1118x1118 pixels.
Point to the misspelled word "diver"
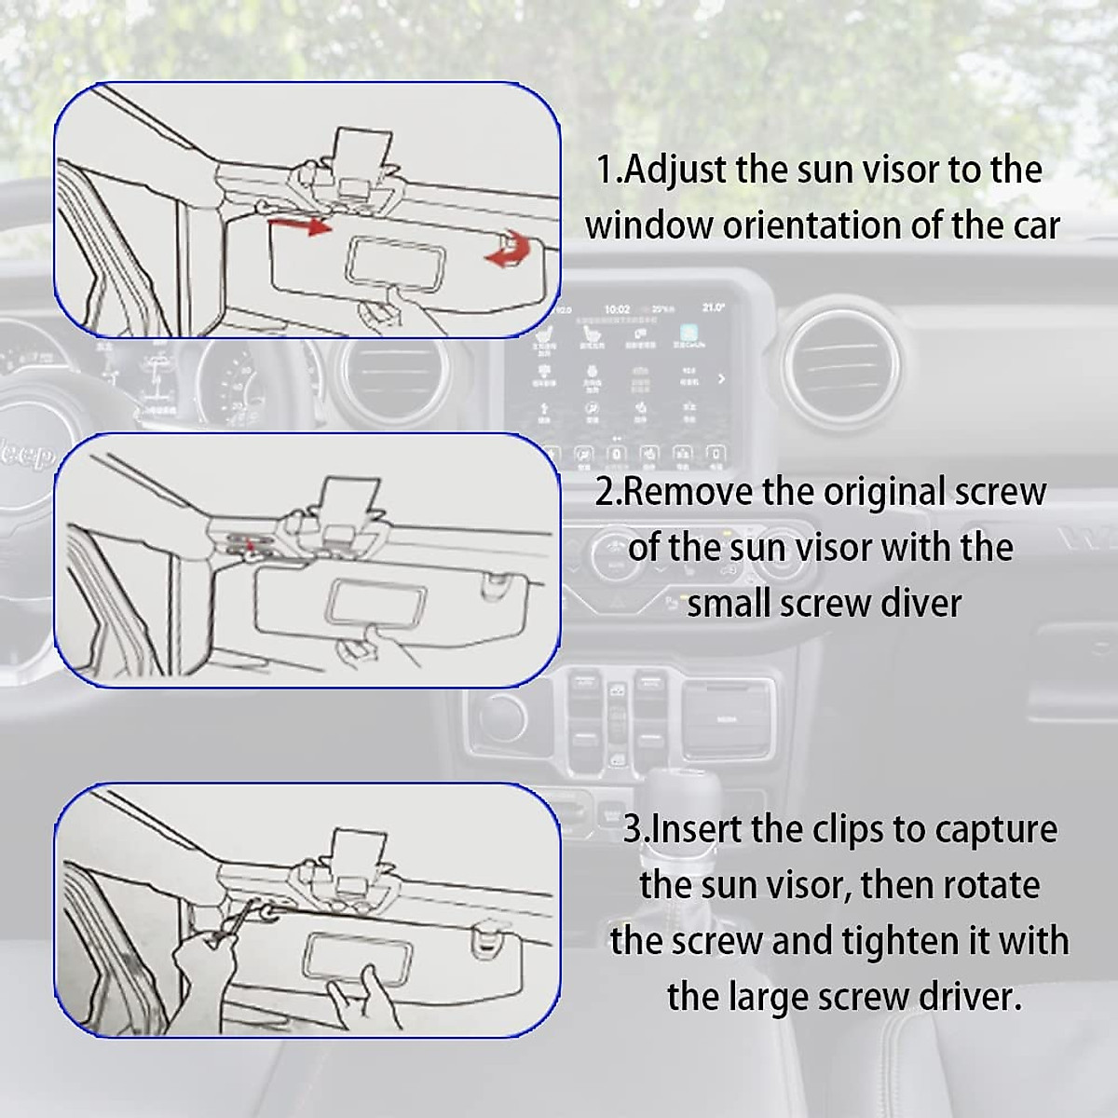click(918, 604)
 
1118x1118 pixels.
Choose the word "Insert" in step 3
click(696, 828)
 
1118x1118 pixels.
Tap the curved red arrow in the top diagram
click(507, 252)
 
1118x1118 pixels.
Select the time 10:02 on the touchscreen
click(617, 309)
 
